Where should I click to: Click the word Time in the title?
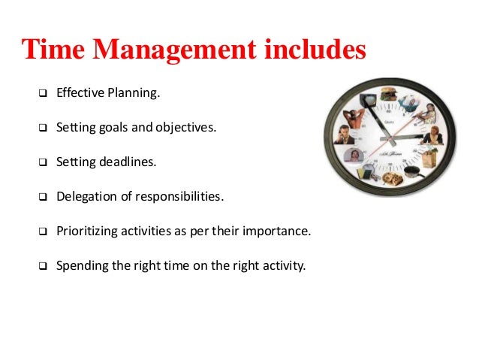click(55, 50)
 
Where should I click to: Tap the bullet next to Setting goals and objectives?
click(42, 129)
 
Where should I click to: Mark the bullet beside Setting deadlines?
click(42, 162)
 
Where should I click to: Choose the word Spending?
click(81, 265)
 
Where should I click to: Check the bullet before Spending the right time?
click(42, 265)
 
